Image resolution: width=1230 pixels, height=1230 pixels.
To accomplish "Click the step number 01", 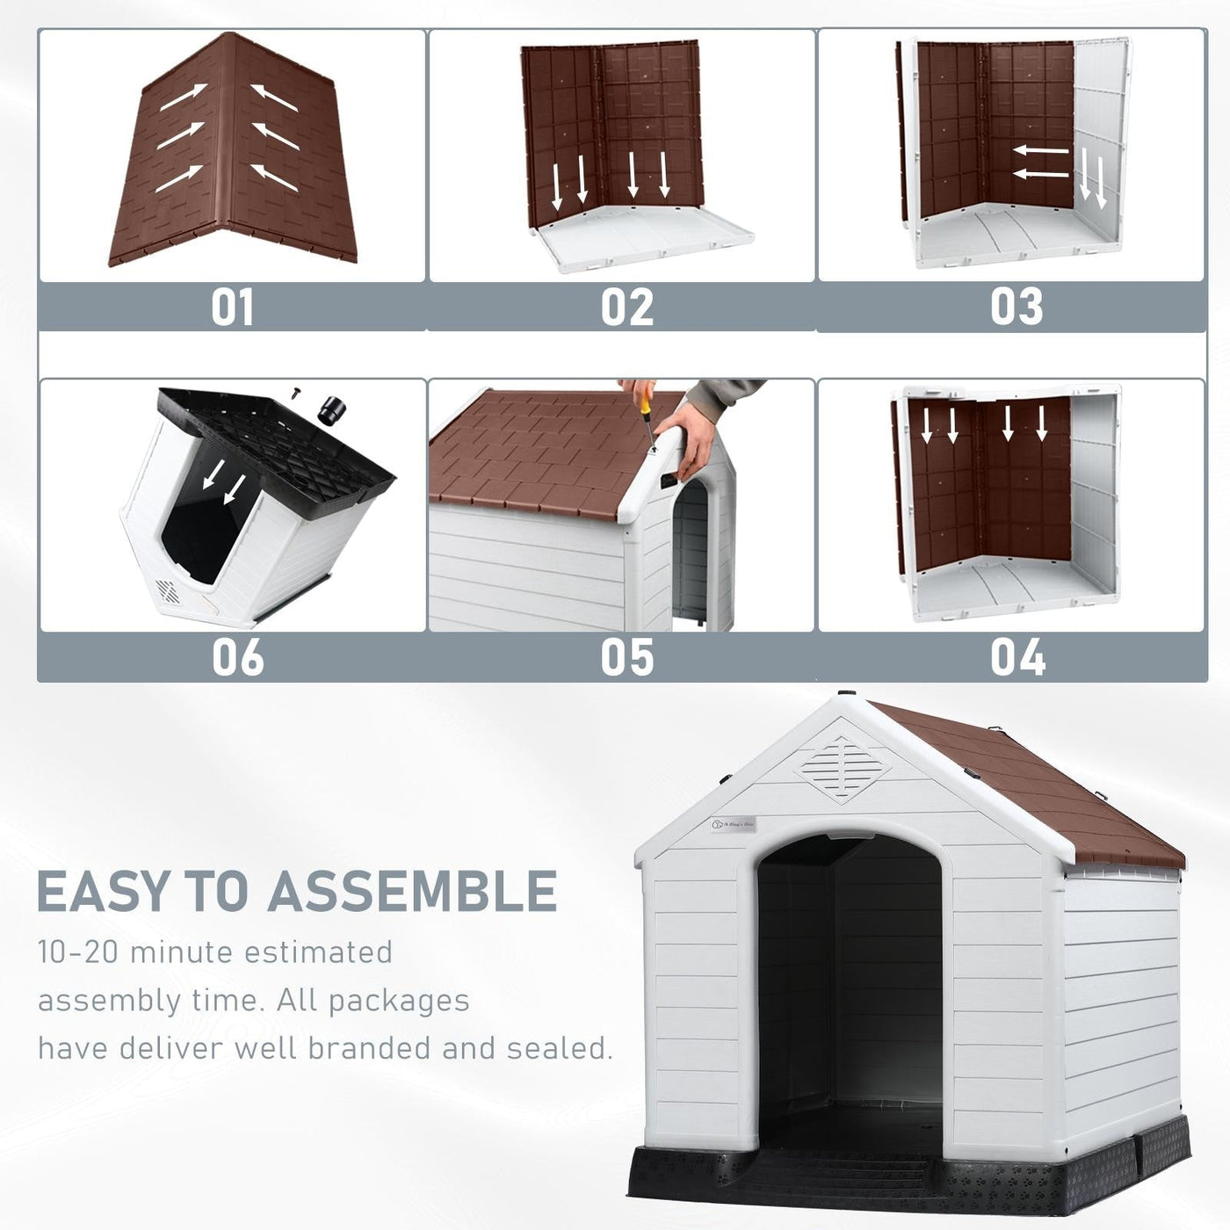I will [x=232, y=307].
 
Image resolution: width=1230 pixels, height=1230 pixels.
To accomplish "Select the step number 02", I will [x=626, y=307].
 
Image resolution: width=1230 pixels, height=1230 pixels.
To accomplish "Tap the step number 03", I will [x=1017, y=307].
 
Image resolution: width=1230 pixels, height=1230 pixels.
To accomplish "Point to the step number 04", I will [x=1017, y=656].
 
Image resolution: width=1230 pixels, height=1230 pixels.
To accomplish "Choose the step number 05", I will [x=626, y=657].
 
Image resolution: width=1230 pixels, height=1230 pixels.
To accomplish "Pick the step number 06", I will [x=237, y=657].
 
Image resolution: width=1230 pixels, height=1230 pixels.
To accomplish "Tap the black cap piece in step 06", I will [x=333, y=409].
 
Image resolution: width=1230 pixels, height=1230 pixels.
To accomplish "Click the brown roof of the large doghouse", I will [x=1028, y=791].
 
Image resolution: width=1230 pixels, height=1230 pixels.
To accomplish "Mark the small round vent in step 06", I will [x=166, y=590].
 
